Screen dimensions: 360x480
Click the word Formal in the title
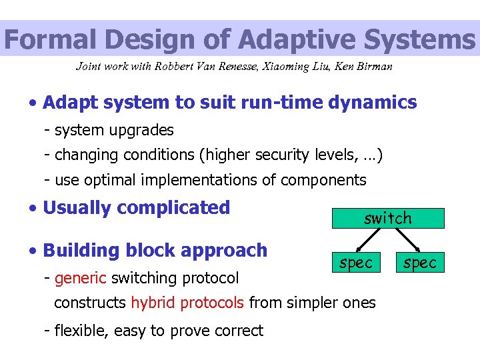[45, 39]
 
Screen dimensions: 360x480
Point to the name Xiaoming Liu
[300, 66]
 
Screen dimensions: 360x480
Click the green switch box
[388, 218]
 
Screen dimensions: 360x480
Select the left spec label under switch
[355, 263]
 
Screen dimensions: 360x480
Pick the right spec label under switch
[419, 263]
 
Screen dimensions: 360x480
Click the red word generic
[81, 277]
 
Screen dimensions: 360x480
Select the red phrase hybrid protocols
[188, 303]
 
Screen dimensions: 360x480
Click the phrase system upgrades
[114, 130]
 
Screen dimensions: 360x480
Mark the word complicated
[175, 208]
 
